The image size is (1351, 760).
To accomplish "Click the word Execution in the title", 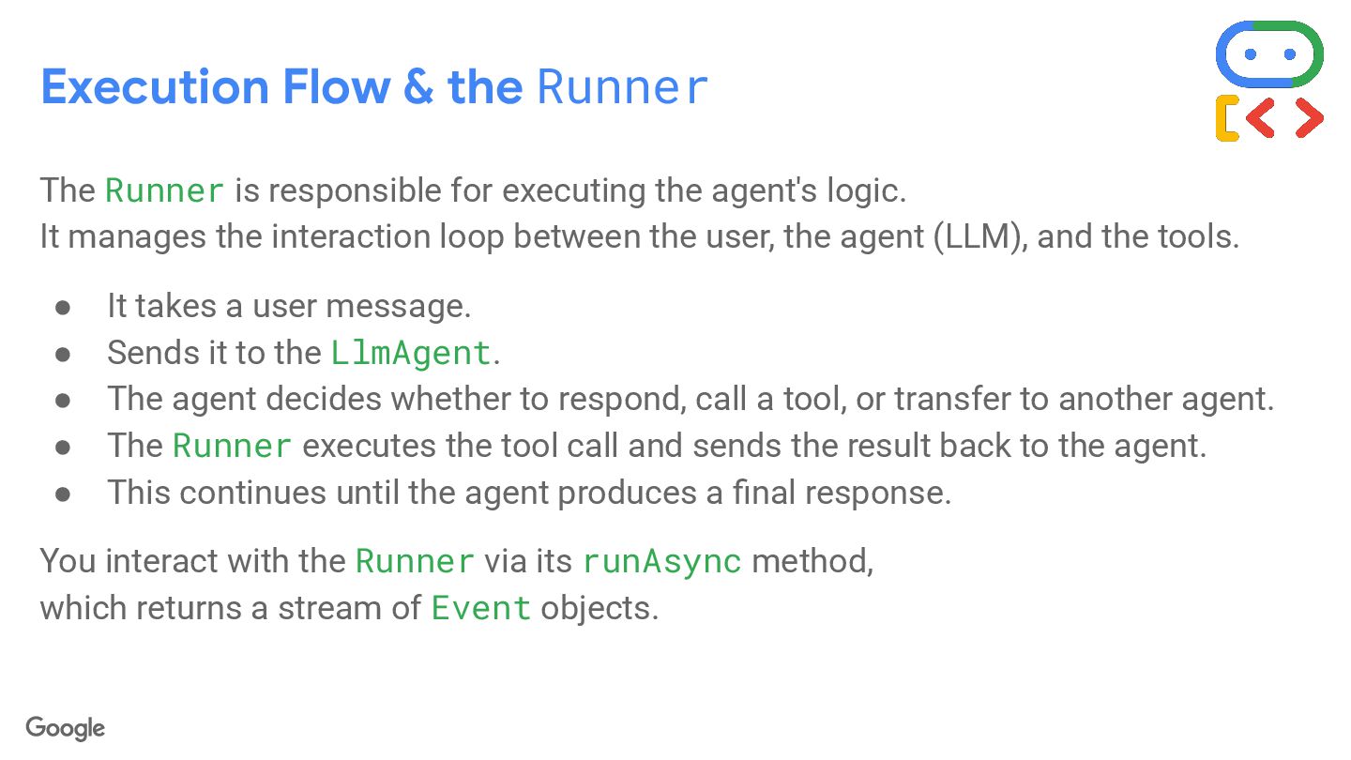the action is [153, 87].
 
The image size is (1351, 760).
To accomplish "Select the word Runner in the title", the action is [622, 87].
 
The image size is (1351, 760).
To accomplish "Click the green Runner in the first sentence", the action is [164, 190].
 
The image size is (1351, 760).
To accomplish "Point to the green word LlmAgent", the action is [411, 353].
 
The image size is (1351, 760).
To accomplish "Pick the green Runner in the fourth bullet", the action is [232, 446].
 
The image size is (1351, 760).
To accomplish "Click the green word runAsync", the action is [661, 561].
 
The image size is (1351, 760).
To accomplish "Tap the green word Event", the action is [481, 608].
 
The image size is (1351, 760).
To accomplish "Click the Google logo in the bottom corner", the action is [65, 728].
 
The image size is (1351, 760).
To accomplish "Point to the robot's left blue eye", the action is [1250, 54].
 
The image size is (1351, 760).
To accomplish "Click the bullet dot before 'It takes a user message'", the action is [63, 307].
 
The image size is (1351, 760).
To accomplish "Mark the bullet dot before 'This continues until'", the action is [63, 494].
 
